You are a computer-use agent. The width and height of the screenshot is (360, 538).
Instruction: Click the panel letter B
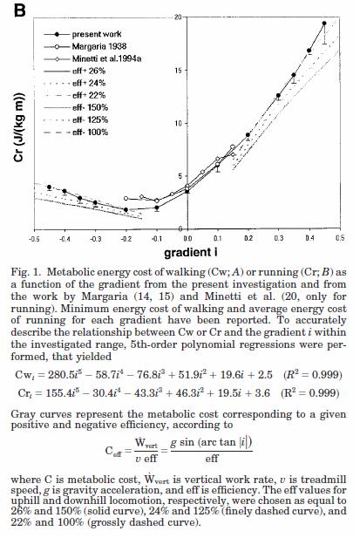(x=20, y=10)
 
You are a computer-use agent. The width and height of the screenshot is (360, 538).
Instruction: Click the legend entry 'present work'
(x=83, y=34)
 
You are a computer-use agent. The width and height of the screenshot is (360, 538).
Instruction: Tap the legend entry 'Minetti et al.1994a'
(x=92, y=58)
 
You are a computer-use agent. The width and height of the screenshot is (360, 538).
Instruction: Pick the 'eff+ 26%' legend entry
(x=75, y=71)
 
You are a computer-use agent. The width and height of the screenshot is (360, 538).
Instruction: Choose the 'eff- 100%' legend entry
(x=76, y=132)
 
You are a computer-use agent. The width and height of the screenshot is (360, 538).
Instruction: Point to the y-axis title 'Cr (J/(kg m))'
(x=19, y=127)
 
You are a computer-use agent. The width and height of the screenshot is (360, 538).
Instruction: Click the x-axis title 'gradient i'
(x=191, y=253)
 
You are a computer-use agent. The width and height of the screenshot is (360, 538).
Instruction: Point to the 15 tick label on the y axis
(x=179, y=71)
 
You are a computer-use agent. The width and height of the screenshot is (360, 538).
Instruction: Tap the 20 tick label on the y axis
(x=179, y=17)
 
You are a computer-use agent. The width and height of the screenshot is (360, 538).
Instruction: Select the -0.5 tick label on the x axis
(x=34, y=238)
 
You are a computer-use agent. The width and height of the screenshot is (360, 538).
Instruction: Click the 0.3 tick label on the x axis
(x=279, y=238)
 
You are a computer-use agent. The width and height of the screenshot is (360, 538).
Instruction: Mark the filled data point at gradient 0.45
(x=324, y=24)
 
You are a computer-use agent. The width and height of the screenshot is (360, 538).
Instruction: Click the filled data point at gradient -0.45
(x=50, y=187)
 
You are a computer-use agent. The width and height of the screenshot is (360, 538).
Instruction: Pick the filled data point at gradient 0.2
(x=248, y=135)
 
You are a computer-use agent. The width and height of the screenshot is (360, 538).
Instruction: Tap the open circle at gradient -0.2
(x=126, y=198)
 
